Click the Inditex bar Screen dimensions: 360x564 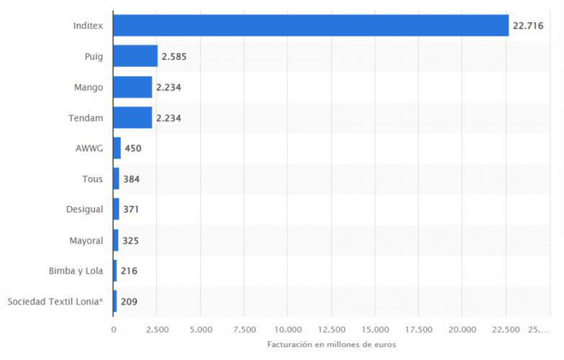(x=310, y=25)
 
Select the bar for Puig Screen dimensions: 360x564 (x=135, y=56)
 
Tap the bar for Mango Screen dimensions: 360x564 (x=133, y=87)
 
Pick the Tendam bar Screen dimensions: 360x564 (x=133, y=117)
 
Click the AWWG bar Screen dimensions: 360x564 (x=117, y=148)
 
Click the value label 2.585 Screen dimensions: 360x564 (x=174, y=56)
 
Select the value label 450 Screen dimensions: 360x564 (x=133, y=148)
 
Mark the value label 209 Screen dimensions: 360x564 (x=128, y=302)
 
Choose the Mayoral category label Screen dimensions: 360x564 (x=86, y=240)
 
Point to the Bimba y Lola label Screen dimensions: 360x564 (x=76, y=271)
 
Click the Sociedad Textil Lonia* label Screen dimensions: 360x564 (x=55, y=302)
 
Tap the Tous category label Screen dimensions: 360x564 (x=92, y=179)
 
